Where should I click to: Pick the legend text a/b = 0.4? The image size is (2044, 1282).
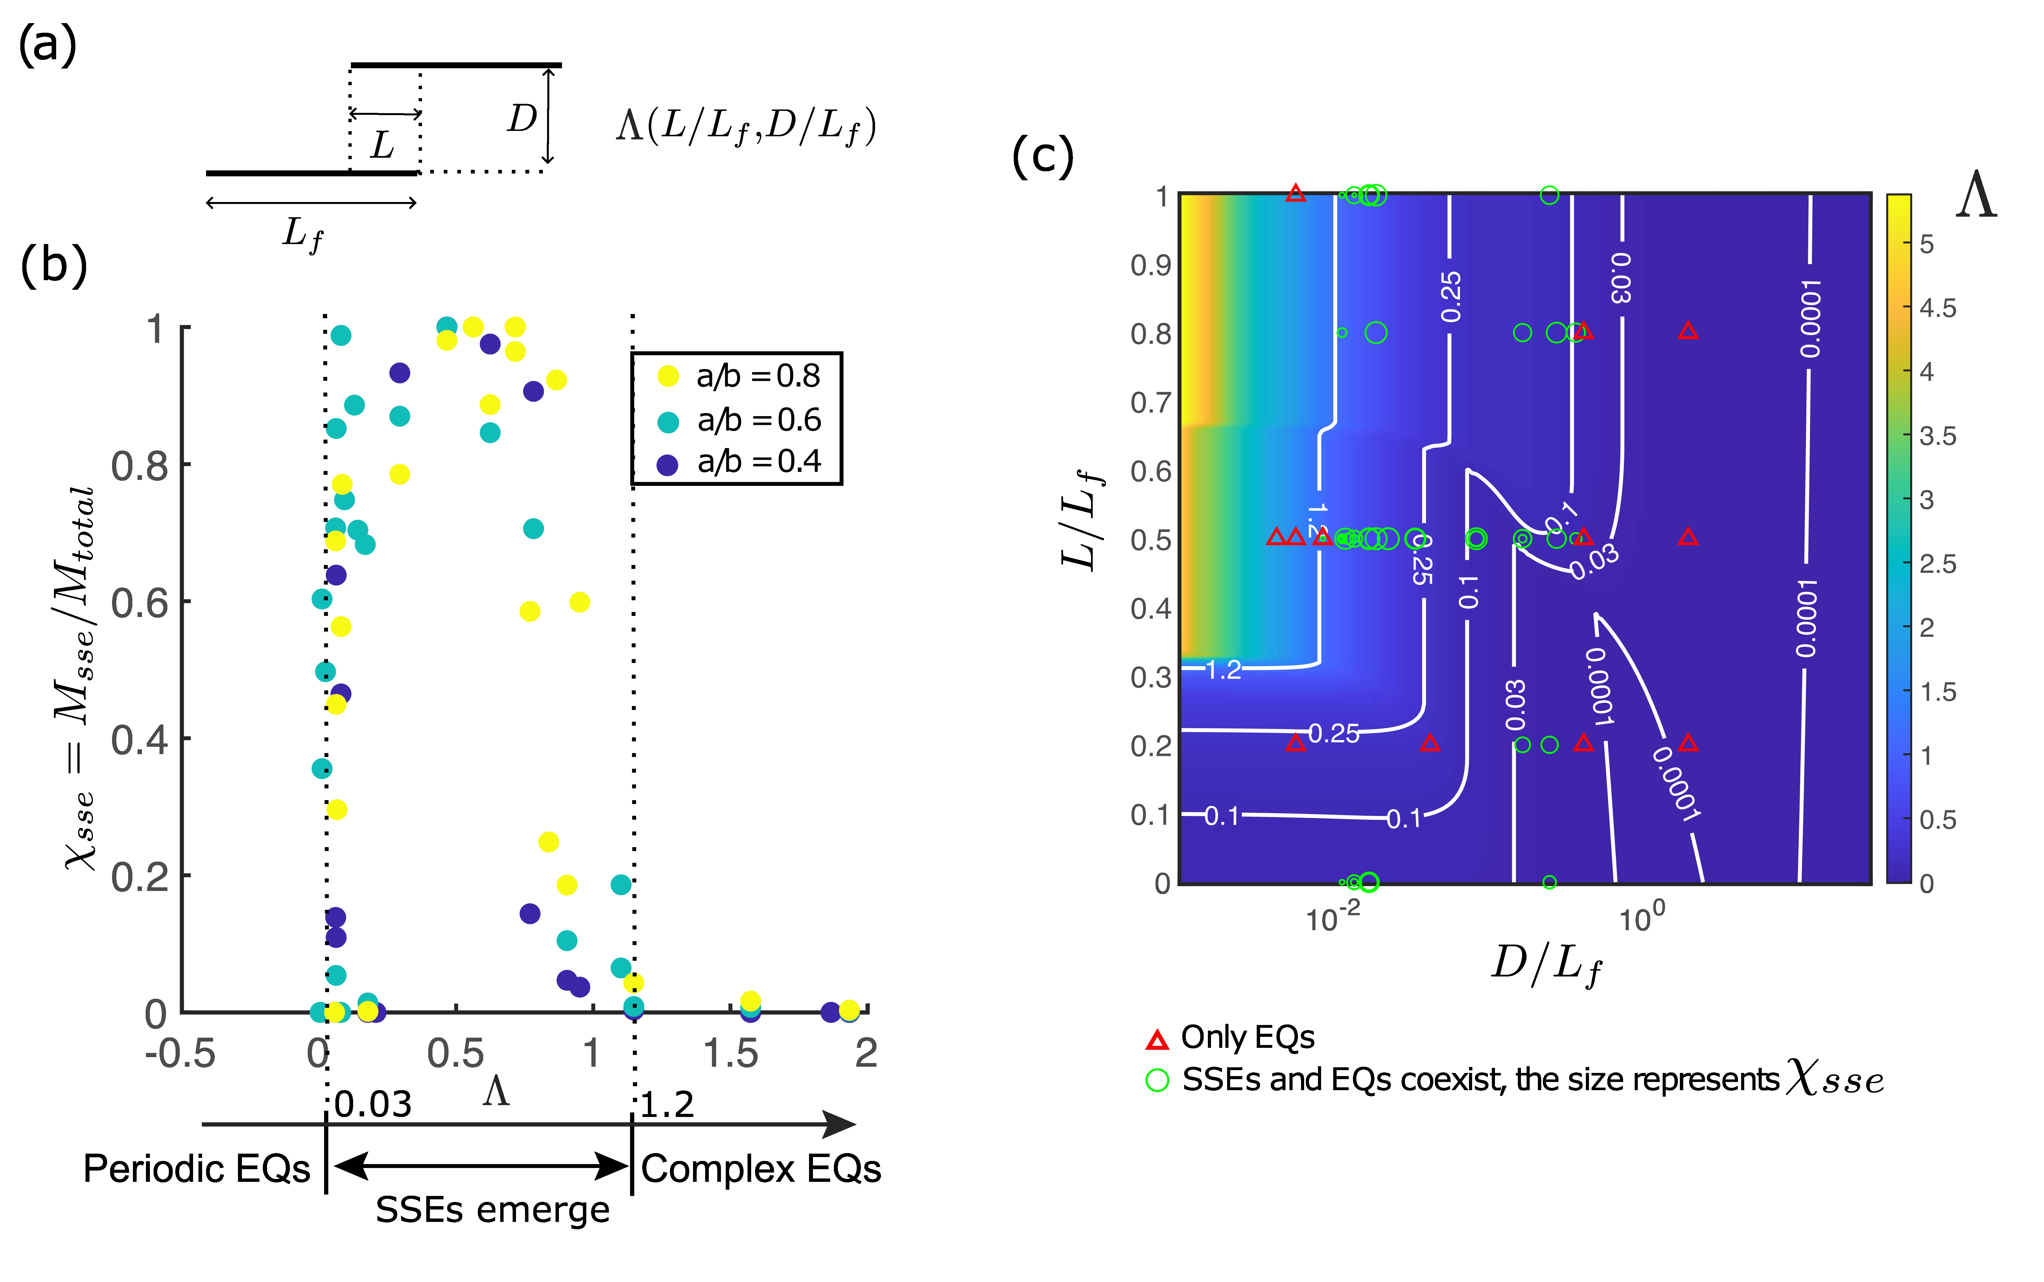[759, 462]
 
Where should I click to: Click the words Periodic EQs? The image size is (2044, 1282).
[197, 1169]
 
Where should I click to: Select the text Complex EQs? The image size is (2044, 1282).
[761, 1169]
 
